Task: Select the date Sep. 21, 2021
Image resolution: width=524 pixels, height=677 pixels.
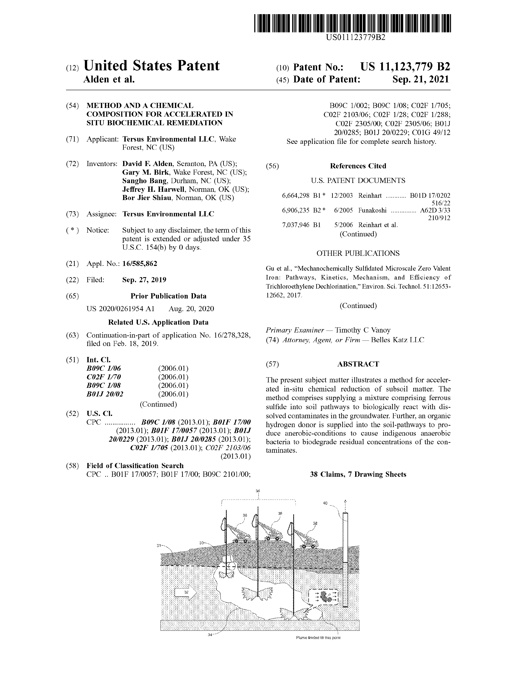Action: (420, 79)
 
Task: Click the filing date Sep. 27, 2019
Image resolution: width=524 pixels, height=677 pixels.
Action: (144, 280)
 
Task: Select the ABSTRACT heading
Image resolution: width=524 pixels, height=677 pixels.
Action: (358, 364)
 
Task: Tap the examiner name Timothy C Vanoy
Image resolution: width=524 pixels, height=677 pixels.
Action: (362, 330)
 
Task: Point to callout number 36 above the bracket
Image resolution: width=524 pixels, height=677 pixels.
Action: (258, 491)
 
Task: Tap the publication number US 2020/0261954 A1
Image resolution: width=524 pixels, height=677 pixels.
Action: (120, 309)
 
